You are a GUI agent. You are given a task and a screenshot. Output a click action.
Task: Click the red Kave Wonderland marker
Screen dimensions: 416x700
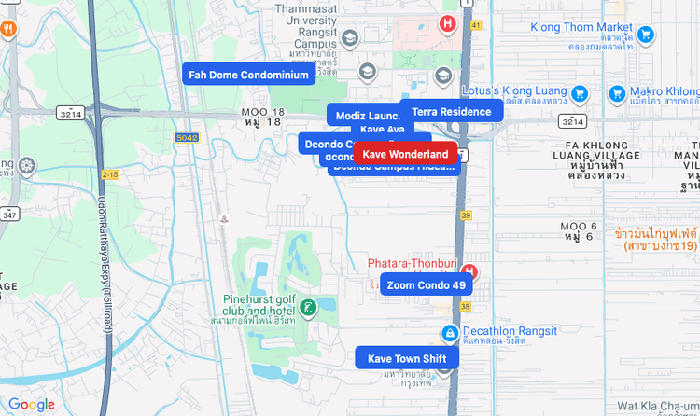(x=405, y=153)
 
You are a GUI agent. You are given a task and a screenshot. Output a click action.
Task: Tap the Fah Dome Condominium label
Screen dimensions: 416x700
(x=248, y=75)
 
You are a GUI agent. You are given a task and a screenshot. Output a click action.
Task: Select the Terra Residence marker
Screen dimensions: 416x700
(x=452, y=111)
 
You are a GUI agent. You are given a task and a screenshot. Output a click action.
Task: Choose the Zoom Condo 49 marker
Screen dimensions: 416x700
(x=426, y=284)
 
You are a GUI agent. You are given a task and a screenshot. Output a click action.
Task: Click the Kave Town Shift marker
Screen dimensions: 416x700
(x=407, y=358)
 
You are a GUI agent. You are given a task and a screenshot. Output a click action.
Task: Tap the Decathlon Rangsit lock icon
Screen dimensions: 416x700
(x=450, y=333)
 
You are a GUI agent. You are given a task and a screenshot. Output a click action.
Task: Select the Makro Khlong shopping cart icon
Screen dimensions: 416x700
(x=617, y=93)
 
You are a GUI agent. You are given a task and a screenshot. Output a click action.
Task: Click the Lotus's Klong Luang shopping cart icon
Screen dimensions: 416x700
(x=580, y=93)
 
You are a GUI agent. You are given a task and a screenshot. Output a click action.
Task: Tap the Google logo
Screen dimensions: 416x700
(x=32, y=405)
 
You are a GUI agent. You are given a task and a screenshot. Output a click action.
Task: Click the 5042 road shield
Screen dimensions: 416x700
(x=186, y=137)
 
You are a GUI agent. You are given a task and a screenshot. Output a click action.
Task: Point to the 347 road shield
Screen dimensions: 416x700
(x=10, y=215)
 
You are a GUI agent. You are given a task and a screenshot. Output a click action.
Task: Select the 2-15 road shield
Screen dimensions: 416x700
(x=111, y=174)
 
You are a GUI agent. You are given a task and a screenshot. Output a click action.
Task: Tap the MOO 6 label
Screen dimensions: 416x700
(x=579, y=231)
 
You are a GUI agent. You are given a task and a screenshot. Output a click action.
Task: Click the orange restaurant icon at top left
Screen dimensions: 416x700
(x=8, y=28)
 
